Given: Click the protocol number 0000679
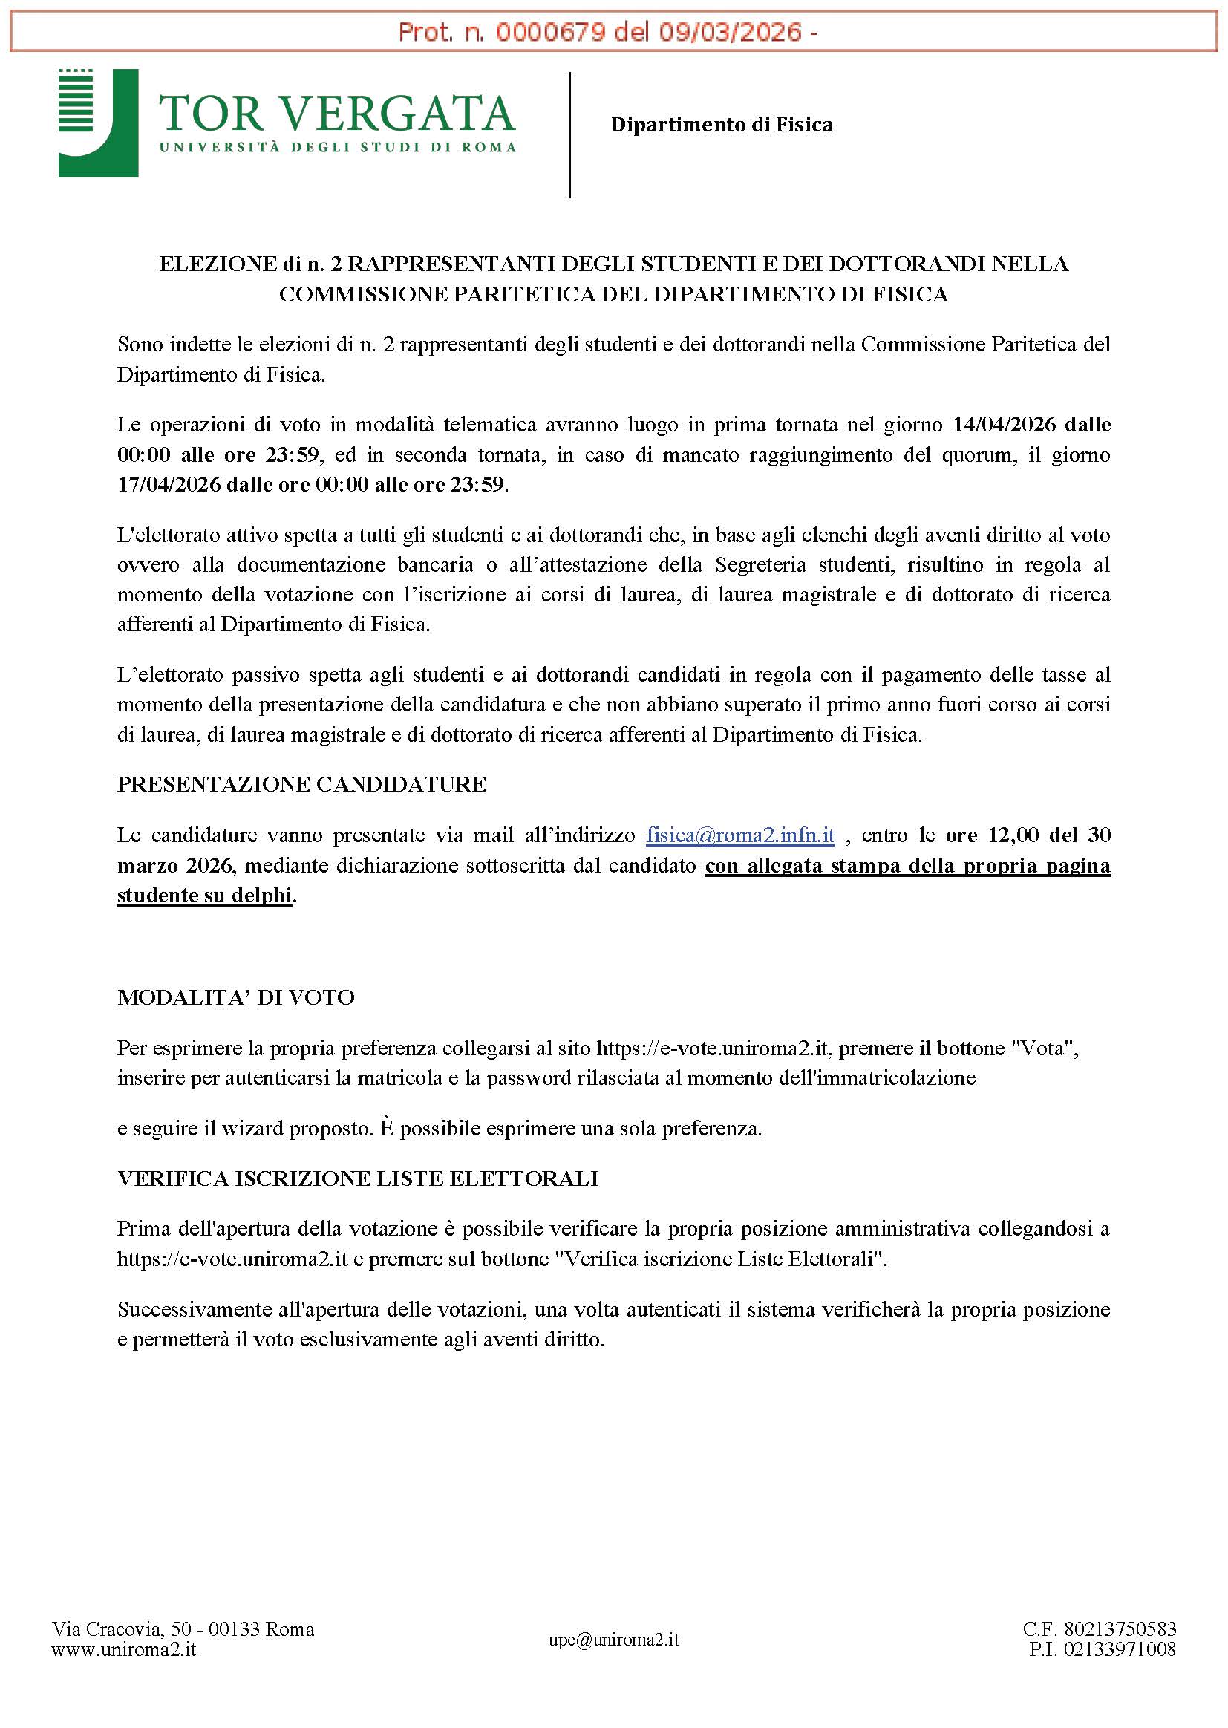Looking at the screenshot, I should [x=549, y=33].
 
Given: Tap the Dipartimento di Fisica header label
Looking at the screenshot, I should [x=722, y=125].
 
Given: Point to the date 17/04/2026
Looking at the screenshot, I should [x=168, y=485].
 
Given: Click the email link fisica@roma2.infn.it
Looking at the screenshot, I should [x=740, y=835].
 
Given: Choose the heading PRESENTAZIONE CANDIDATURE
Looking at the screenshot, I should [x=301, y=784].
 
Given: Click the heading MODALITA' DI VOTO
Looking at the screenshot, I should [x=236, y=997].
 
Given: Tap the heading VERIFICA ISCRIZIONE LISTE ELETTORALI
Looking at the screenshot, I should [x=358, y=1178].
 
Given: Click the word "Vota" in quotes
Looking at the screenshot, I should [x=1043, y=1048].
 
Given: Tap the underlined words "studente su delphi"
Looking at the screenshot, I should [x=204, y=896].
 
